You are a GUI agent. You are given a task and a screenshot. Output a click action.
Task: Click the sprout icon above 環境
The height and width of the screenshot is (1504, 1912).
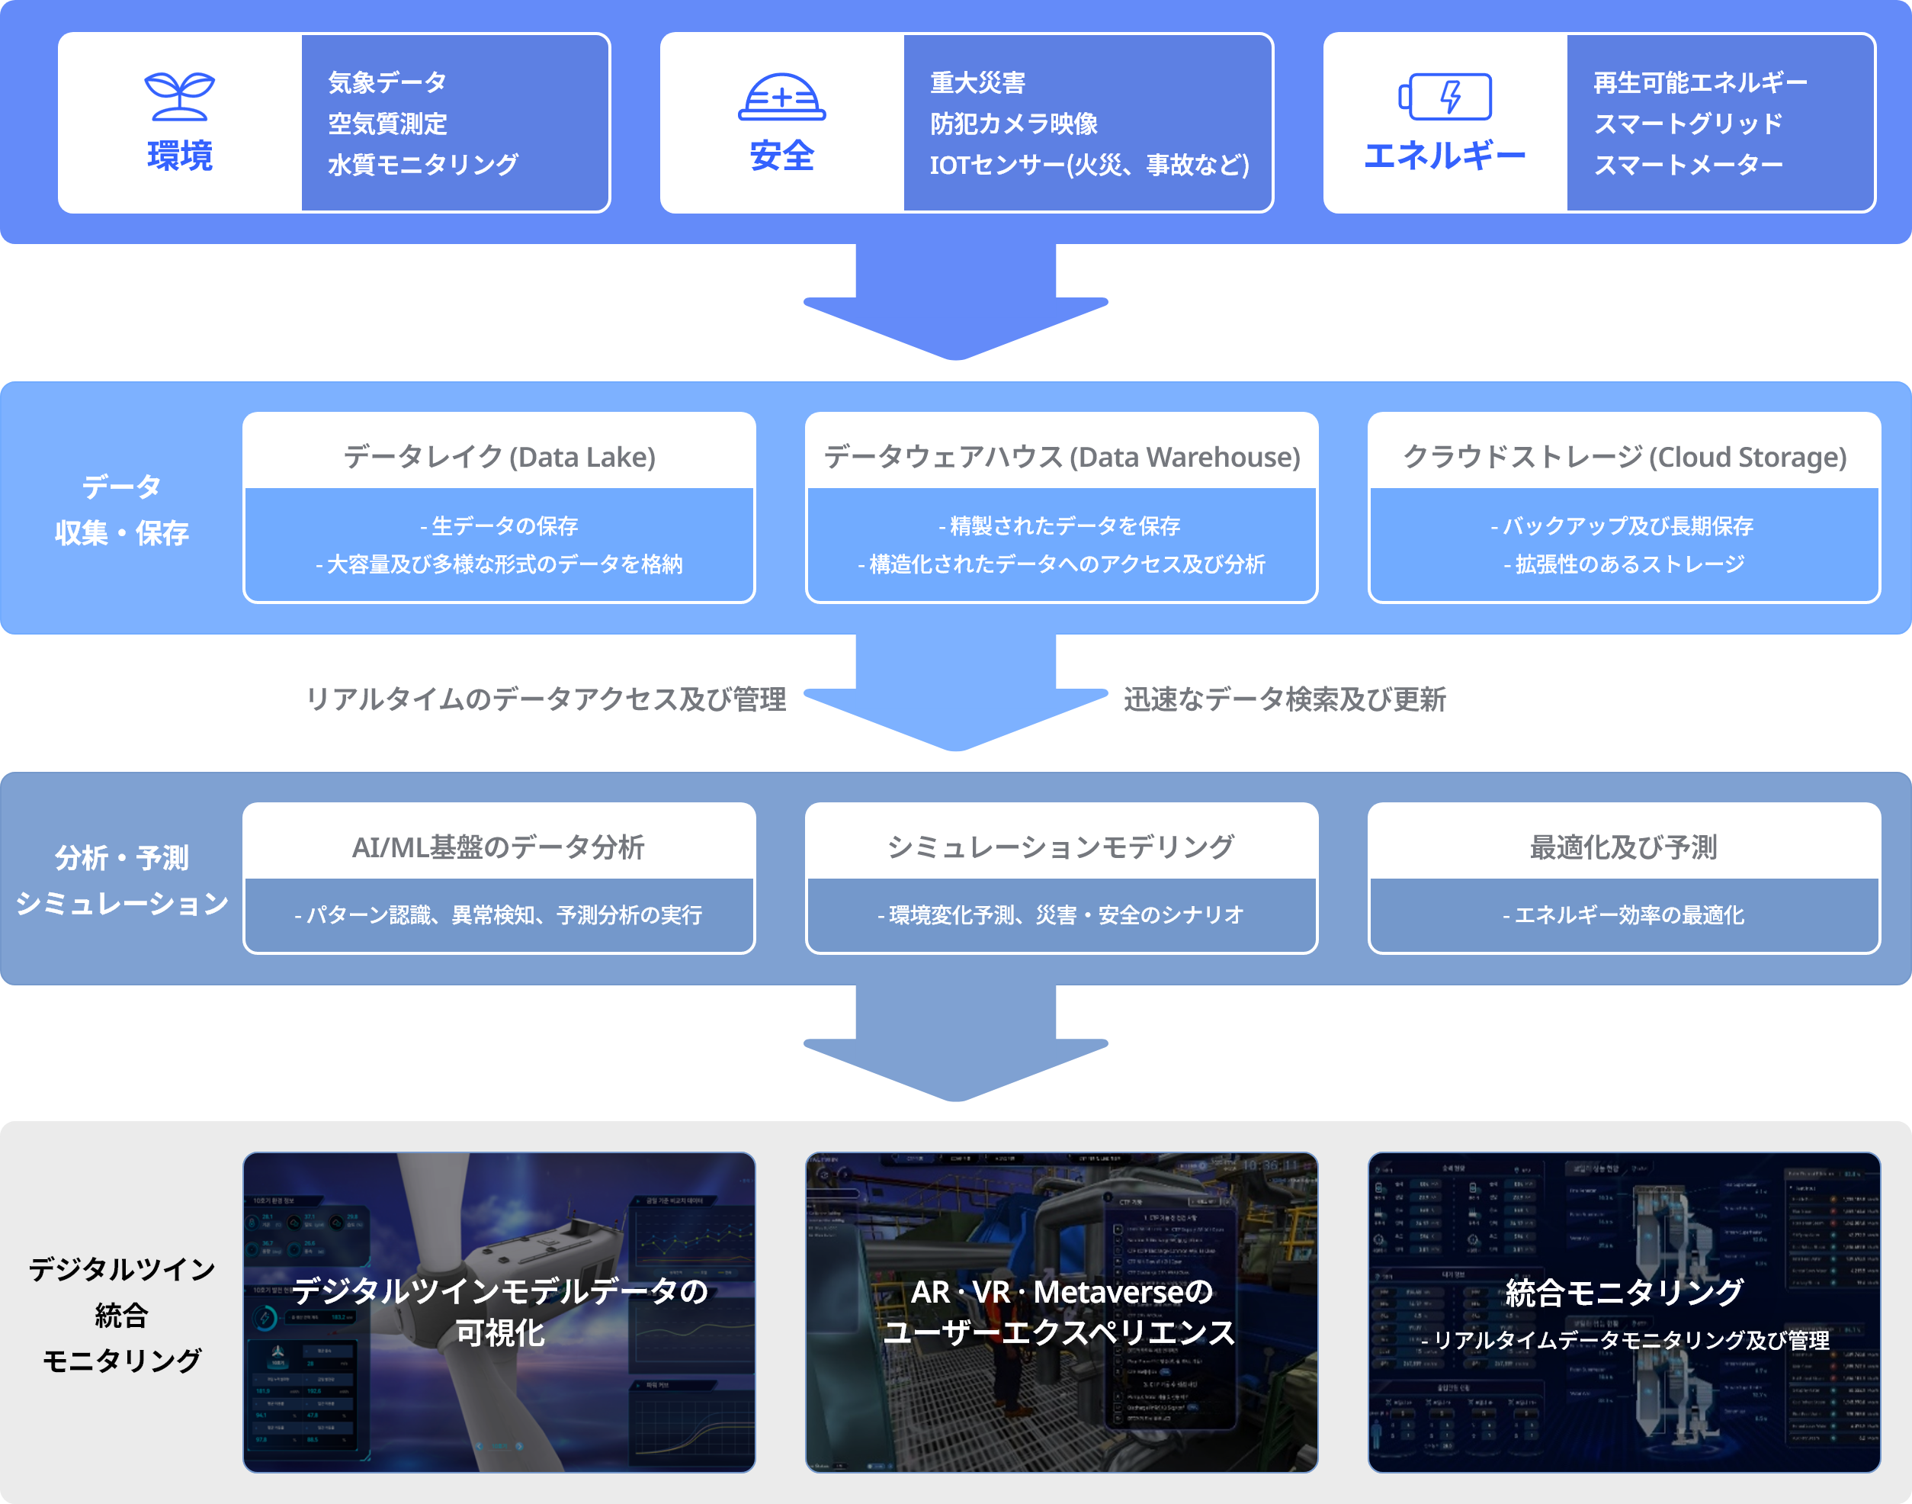[x=180, y=96]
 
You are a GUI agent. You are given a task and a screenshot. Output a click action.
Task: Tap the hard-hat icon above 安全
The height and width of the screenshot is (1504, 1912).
[x=781, y=97]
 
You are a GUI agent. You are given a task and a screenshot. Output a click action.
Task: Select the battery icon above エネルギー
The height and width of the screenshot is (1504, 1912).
[x=1445, y=96]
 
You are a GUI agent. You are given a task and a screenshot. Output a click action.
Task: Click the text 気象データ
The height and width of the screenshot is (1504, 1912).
[x=387, y=83]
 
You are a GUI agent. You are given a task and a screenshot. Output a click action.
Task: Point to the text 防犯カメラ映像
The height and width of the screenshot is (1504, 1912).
[x=1014, y=124]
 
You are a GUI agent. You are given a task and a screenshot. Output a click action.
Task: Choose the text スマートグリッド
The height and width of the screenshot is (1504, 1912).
[x=1689, y=124]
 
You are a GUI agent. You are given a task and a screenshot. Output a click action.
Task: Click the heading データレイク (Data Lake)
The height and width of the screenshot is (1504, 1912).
[x=499, y=457]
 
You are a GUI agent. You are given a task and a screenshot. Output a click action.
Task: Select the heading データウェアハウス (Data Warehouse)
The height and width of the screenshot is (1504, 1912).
[x=1062, y=457]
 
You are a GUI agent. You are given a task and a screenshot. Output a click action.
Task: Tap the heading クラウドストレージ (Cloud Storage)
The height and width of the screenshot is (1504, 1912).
[x=1624, y=457]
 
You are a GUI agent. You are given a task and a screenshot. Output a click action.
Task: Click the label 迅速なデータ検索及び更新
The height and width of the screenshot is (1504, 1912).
[x=1285, y=699]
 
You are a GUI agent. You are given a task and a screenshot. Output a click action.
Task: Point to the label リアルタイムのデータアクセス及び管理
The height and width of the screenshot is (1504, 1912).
[x=546, y=699]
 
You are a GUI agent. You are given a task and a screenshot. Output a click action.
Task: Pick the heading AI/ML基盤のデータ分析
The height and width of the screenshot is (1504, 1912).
[x=499, y=847]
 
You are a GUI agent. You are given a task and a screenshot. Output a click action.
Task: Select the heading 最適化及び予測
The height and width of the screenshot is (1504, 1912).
[x=1623, y=847]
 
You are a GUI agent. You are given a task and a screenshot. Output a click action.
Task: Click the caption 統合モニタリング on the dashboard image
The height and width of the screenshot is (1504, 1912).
[x=1624, y=1292]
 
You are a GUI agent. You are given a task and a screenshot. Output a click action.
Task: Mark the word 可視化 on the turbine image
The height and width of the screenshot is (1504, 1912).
[x=500, y=1333]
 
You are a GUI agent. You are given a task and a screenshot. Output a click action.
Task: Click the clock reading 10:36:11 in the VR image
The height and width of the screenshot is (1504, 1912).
[x=1270, y=1166]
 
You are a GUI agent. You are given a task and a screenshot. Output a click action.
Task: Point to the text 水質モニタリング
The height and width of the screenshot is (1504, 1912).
[x=423, y=165]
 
